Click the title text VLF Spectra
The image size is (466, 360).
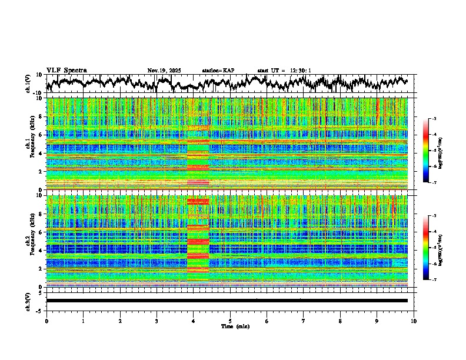pos(66,70)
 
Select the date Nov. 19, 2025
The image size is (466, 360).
pos(164,71)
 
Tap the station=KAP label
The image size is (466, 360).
pos(218,71)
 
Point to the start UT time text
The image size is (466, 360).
pos(284,71)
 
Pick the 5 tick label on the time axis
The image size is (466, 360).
pos(230,321)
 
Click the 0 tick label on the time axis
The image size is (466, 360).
pos(46,321)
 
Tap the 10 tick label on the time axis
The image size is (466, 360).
pos(414,321)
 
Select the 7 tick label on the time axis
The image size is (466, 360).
pos(304,321)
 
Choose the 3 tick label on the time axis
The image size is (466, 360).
pos(157,321)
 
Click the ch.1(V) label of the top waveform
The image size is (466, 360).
pos(28,84)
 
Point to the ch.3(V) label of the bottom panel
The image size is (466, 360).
pos(28,301)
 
